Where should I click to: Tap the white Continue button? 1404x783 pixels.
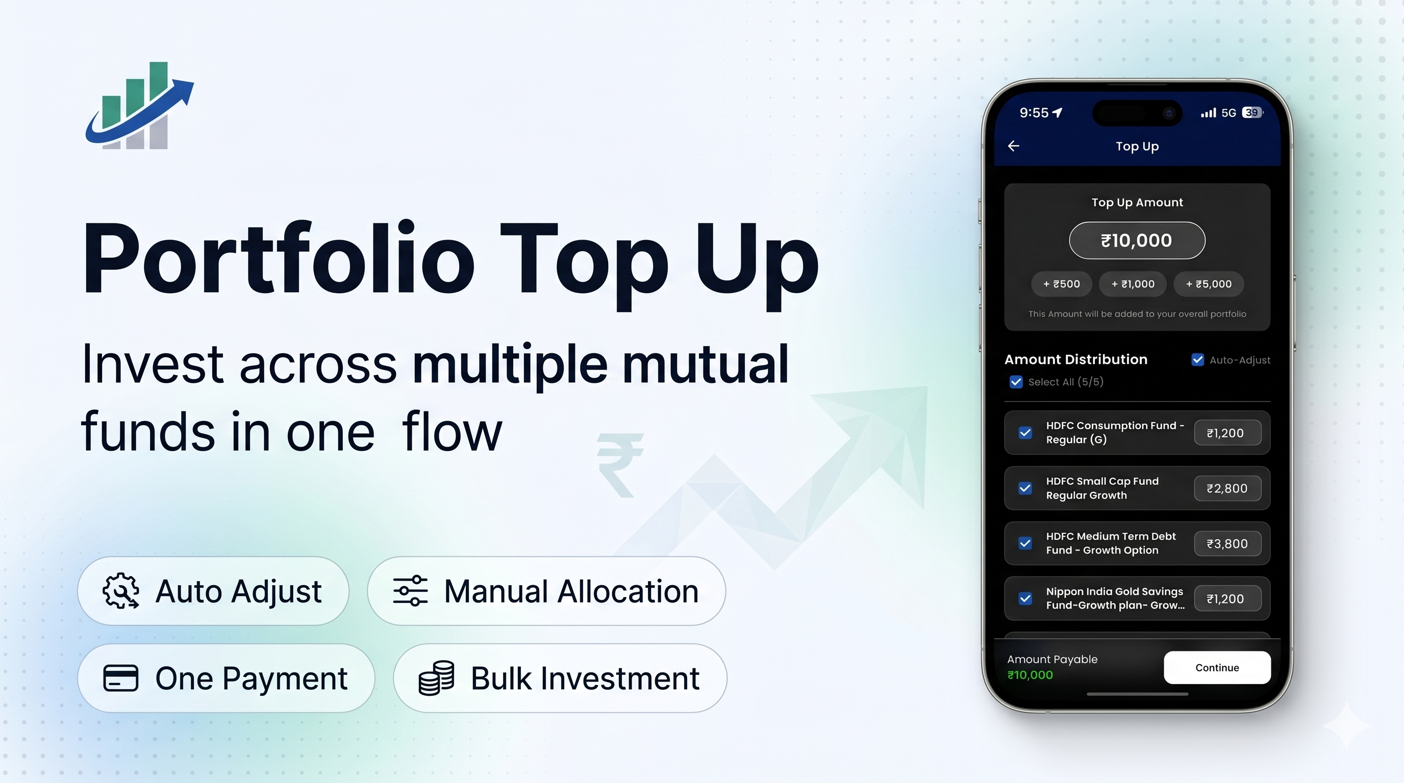1217,668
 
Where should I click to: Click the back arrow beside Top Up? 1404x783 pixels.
1013,146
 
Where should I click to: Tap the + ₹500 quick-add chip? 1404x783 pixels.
1061,284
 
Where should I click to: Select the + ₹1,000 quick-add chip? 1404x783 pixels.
1133,284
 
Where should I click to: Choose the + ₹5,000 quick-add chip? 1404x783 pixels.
1208,284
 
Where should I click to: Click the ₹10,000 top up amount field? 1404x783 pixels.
1137,240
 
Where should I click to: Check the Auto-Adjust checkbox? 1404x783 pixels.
1197,360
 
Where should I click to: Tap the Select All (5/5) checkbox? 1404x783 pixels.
1016,382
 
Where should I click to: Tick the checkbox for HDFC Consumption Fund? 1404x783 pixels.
1025,433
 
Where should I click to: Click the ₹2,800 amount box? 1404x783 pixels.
1227,488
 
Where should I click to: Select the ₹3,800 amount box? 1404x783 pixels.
1227,543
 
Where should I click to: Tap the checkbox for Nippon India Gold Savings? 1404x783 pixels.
1025,598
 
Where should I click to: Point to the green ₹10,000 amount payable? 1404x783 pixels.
1030,675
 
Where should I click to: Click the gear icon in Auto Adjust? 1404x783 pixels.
120,591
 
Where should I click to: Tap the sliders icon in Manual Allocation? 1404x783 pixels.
410,591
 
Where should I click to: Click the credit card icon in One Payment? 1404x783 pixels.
120,678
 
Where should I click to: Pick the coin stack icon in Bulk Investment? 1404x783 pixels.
436,678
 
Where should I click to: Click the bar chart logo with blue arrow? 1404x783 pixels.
139,106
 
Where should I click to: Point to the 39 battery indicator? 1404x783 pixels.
1252,113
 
